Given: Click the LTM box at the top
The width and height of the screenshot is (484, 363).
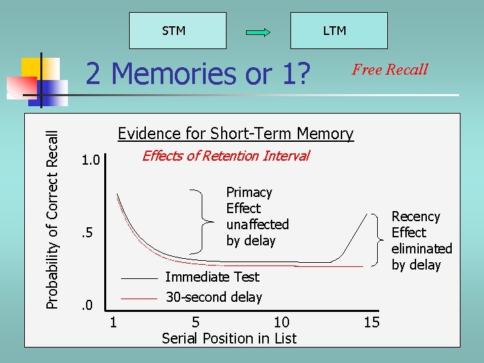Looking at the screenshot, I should click(x=334, y=31).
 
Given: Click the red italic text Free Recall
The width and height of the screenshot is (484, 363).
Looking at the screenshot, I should click(x=390, y=69).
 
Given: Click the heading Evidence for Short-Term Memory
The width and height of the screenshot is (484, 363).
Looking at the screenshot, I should click(x=235, y=134).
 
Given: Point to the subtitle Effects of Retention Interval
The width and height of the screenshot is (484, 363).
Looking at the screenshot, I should click(x=225, y=156).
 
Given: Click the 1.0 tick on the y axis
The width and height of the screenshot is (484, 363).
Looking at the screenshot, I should click(x=90, y=161).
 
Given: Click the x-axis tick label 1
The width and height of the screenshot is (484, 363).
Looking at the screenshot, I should click(x=114, y=323).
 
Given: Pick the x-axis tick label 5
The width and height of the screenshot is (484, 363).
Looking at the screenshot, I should click(x=196, y=323).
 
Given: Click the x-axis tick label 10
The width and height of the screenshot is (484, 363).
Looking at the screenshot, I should click(x=282, y=323).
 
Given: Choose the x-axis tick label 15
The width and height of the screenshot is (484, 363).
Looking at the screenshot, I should click(x=372, y=323).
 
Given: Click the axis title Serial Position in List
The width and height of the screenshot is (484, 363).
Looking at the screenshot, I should click(x=229, y=339).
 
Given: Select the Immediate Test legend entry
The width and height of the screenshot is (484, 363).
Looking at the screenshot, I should click(x=212, y=277).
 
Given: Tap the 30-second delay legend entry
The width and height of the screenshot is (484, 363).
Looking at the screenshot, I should click(x=213, y=297).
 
